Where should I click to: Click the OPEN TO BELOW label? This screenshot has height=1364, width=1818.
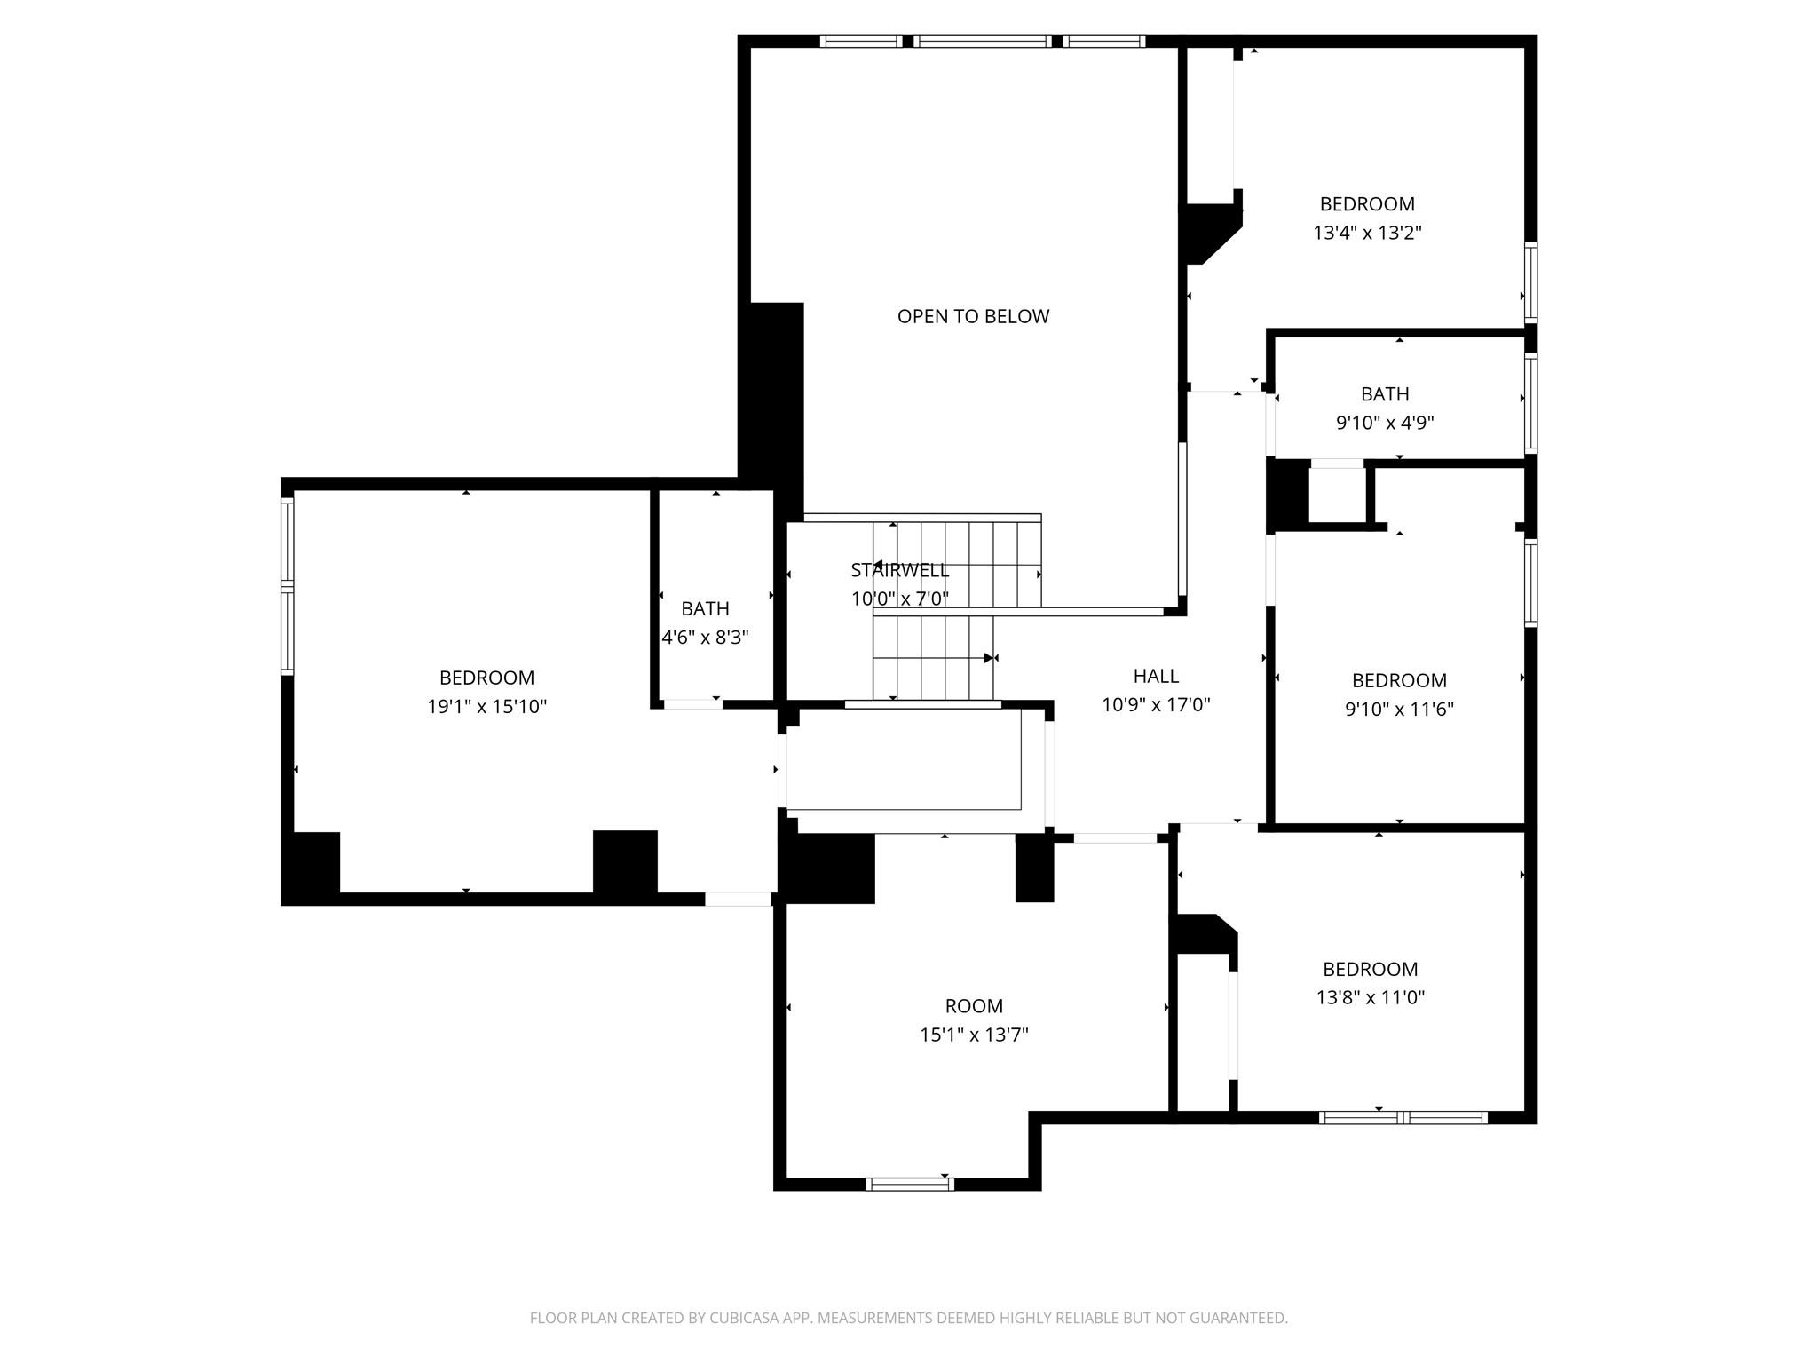[x=973, y=316]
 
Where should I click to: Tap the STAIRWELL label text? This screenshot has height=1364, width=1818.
[x=899, y=570]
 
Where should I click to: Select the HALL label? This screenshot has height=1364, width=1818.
[x=1156, y=676]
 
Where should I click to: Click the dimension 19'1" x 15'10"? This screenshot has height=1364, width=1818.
[x=486, y=707]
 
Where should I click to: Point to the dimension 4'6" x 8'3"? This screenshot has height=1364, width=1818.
[x=705, y=638]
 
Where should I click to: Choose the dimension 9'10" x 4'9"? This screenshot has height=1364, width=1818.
[x=1385, y=423]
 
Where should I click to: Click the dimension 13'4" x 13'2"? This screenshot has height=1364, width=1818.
[x=1367, y=233]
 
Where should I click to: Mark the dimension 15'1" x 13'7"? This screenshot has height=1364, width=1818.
[x=974, y=1035]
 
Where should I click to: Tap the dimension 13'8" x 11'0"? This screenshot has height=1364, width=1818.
[x=1370, y=997]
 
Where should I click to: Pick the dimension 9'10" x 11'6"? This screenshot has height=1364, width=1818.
[x=1399, y=710]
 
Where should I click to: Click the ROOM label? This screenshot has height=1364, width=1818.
[x=974, y=1006]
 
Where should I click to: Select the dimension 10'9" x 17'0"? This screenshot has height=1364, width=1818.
[x=1156, y=705]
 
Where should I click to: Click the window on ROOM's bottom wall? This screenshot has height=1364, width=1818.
[x=910, y=1184]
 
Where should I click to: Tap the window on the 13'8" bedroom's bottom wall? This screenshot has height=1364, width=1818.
[x=1403, y=1118]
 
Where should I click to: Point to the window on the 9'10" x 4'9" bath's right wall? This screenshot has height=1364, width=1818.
[x=1530, y=404]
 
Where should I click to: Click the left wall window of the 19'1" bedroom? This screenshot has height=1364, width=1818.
[x=287, y=586]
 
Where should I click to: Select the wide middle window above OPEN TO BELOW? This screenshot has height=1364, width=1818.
[x=983, y=41]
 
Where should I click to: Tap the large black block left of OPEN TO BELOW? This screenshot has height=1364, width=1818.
[x=772, y=408]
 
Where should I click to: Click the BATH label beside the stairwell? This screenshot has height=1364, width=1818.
[x=705, y=609]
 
